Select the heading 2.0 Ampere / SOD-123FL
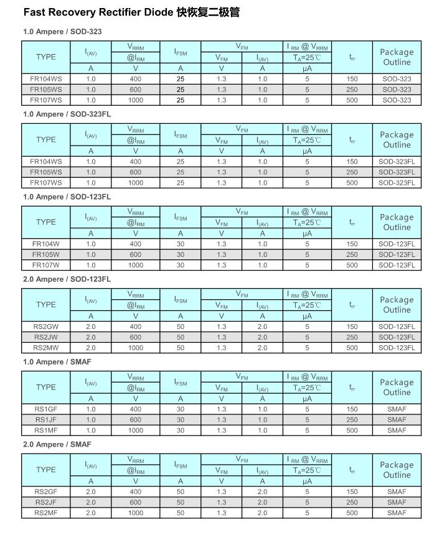pyautogui.click(x=67, y=279)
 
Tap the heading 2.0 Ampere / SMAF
pyautogui.click(x=57, y=444)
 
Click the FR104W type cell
pyautogui.click(x=45, y=244)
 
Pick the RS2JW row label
pyautogui.click(x=45, y=337)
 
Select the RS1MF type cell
pyautogui.click(x=45, y=430)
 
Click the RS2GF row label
pyautogui.click(x=45, y=491)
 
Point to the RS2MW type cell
pyautogui.click(x=45, y=348)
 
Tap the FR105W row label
pyautogui.click(x=45, y=254)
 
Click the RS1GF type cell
pyautogui.click(x=45, y=409)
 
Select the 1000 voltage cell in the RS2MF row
pyautogui.click(x=135, y=513)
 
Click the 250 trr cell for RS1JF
pyautogui.click(x=352, y=420)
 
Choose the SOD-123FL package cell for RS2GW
pyautogui.click(x=397, y=327)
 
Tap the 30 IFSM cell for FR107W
pyautogui.click(x=180, y=265)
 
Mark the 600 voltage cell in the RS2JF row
pyautogui.click(x=135, y=502)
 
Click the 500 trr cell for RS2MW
pyautogui.click(x=352, y=348)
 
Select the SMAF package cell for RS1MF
pyautogui.click(x=397, y=430)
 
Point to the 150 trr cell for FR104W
pyautogui.click(x=352, y=244)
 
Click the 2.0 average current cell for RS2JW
pyautogui.click(x=91, y=337)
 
